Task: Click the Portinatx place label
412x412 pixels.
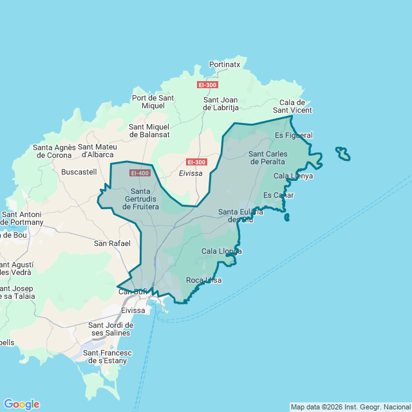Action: click(x=225, y=64)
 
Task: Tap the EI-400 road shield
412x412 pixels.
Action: click(x=140, y=173)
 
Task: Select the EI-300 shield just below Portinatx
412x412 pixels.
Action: click(x=207, y=84)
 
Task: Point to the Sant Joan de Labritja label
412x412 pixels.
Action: click(x=221, y=104)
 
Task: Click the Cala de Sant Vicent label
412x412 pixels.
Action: click(x=295, y=106)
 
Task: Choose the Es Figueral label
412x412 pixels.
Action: click(x=294, y=135)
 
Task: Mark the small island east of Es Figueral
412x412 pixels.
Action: click(x=343, y=154)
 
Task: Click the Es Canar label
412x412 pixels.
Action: click(x=279, y=195)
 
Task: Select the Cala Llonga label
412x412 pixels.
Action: click(x=221, y=251)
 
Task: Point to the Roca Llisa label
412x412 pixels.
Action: click(x=203, y=280)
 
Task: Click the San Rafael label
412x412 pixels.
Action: click(x=112, y=243)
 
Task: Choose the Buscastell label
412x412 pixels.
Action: click(x=79, y=172)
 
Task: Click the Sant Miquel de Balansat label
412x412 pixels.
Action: click(x=149, y=131)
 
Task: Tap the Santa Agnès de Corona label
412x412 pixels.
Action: click(x=55, y=151)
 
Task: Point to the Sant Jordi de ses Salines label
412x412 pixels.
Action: click(x=110, y=328)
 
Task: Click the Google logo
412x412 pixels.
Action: click(x=21, y=404)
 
